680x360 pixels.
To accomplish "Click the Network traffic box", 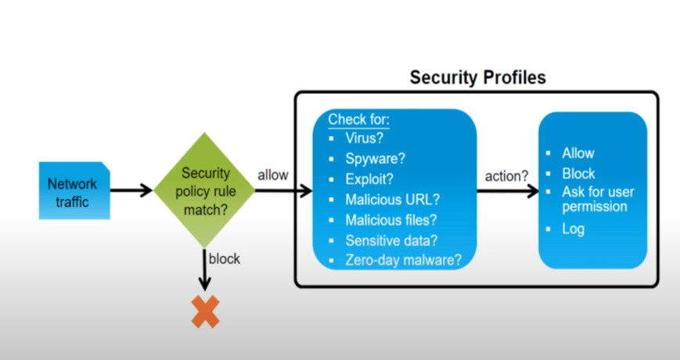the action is pyautogui.click(x=74, y=190).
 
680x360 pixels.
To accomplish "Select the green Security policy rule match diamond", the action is pyautogui.click(x=204, y=190).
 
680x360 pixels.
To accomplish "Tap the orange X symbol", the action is pyautogui.click(x=205, y=311).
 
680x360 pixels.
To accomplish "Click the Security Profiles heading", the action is pyautogui.click(x=477, y=77).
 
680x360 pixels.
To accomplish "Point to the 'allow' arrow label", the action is pyautogui.click(x=273, y=175).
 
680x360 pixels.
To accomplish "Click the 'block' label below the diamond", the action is pyautogui.click(x=225, y=258).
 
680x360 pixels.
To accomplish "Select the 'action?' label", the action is pyautogui.click(x=506, y=176).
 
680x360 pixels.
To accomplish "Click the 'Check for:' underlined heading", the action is pyautogui.click(x=358, y=119).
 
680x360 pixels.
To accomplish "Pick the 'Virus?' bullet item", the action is pyautogui.click(x=365, y=138).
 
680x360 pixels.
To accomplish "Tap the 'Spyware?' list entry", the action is pyautogui.click(x=375, y=159).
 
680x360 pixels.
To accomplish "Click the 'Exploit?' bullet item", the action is pyautogui.click(x=369, y=179).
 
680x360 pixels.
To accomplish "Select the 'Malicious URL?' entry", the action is pyautogui.click(x=393, y=200).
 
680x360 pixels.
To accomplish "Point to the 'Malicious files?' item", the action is pyautogui.click(x=390, y=220).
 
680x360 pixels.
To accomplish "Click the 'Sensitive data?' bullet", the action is pyautogui.click(x=391, y=240).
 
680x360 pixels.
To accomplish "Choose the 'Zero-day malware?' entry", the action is pyautogui.click(x=403, y=261).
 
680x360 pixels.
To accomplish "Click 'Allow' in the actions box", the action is pyautogui.click(x=578, y=153).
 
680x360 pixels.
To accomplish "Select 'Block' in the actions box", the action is pyautogui.click(x=578, y=174).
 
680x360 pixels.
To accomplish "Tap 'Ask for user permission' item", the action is pyautogui.click(x=598, y=199).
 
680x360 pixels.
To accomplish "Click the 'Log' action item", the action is pyautogui.click(x=573, y=229).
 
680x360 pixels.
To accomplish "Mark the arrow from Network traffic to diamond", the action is pyautogui.click(x=131, y=190).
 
